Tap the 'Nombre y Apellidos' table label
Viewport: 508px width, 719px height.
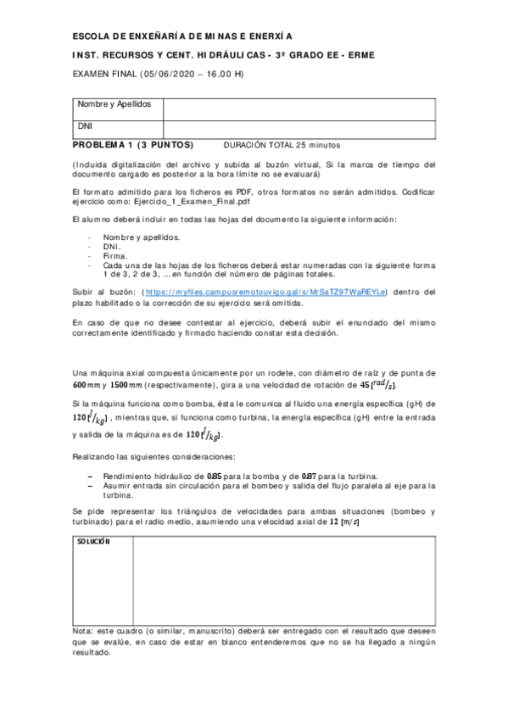[x=114, y=104]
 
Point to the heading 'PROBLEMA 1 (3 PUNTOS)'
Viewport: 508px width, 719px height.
[x=133, y=144]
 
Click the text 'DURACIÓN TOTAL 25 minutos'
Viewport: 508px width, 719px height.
[x=281, y=144]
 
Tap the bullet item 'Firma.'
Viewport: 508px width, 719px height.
[x=115, y=255]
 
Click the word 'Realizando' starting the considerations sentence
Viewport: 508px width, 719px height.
[x=98, y=457]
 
